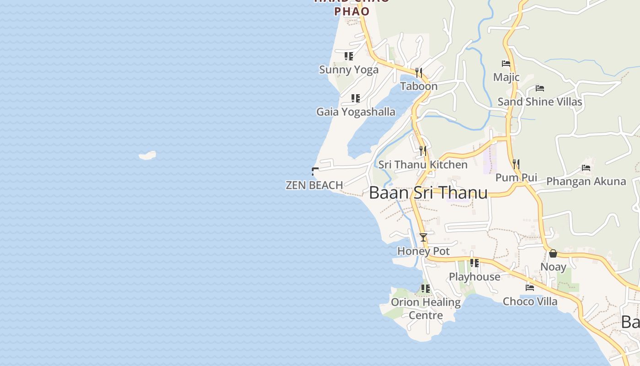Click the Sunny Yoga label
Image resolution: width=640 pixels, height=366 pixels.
[x=349, y=70]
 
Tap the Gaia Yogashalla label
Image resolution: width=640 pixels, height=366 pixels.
[x=356, y=112]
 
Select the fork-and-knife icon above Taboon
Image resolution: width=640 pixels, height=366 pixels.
[x=419, y=73]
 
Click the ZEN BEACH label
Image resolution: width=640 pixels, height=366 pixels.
[x=314, y=185]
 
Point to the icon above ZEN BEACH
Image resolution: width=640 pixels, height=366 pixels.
[x=315, y=172]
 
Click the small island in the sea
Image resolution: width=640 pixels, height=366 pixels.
[x=148, y=156]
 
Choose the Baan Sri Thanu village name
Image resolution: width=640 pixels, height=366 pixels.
[x=428, y=193]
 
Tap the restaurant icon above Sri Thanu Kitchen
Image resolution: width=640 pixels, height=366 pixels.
[x=423, y=151]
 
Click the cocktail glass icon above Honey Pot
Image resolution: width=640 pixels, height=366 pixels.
[x=423, y=237]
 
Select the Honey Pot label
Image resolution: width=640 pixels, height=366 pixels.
[x=423, y=251]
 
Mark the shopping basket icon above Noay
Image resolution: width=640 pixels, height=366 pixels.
[x=553, y=253]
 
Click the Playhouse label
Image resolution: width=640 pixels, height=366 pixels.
[x=475, y=277]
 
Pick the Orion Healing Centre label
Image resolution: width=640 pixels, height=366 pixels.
[x=426, y=308]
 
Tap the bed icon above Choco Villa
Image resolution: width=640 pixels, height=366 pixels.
[x=530, y=287]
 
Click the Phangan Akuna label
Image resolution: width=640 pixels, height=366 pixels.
[x=586, y=182]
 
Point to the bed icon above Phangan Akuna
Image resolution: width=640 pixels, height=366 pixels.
[x=586, y=168]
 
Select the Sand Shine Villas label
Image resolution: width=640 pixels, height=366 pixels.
[x=540, y=102]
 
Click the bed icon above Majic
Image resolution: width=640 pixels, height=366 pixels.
[x=506, y=64]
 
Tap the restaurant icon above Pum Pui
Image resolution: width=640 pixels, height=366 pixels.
[x=516, y=164]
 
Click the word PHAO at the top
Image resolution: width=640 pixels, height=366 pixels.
[x=352, y=11]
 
